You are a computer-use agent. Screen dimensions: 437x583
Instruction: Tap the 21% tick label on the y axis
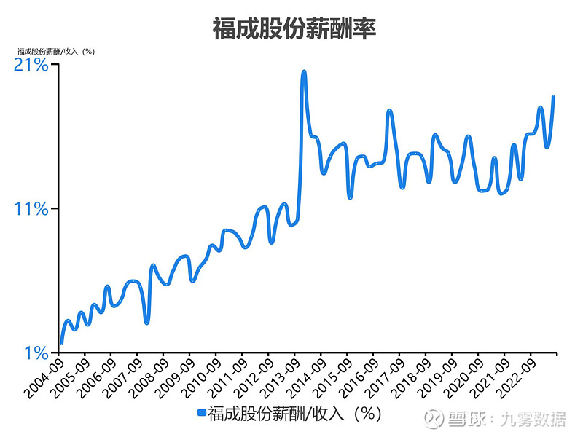[31, 65]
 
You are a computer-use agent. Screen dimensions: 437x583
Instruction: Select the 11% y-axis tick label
[31, 209]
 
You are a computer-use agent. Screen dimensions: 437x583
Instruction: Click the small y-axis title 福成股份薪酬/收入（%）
[57, 51]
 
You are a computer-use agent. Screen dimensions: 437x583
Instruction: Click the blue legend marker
[202, 413]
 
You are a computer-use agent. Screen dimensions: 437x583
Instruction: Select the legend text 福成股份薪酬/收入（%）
[294, 413]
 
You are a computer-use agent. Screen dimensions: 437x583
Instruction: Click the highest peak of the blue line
[303, 71]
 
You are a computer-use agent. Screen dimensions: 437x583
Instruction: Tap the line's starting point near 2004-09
[61, 342]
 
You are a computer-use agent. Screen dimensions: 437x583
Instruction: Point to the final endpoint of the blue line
[554, 96]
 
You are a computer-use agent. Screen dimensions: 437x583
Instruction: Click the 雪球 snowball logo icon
[436, 419]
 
